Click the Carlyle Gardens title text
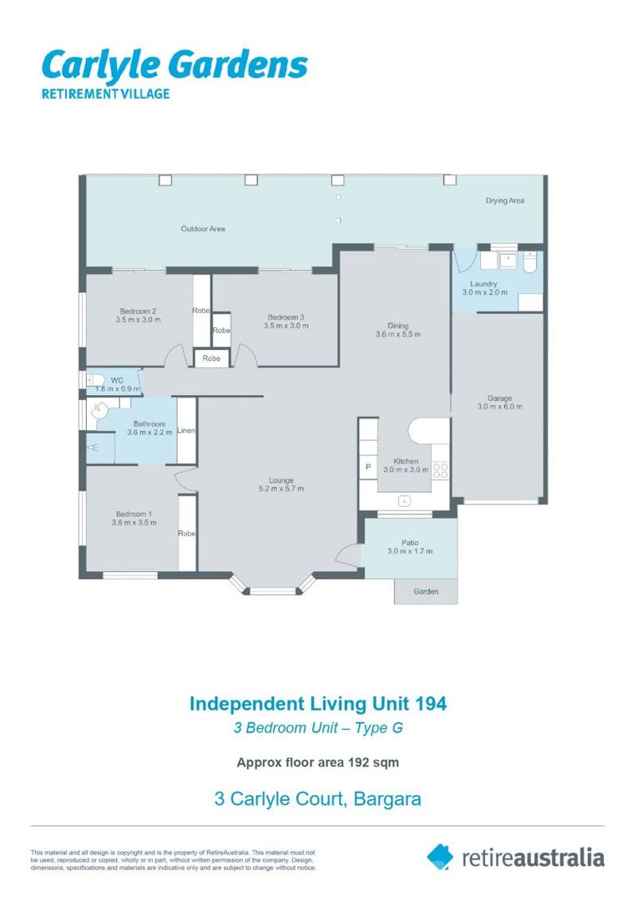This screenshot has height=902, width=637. [174, 65]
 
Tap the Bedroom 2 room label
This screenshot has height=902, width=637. [138, 311]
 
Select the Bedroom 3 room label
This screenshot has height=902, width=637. [286, 317]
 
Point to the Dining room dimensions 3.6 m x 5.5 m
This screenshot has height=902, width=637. [397, 334]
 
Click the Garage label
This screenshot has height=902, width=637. [499, 398]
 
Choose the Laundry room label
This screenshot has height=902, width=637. [484, 284]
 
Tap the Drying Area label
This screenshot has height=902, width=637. [505, 200]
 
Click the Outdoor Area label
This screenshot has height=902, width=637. [203, 228]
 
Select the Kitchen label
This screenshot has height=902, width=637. [394, 461]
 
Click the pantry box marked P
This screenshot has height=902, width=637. [367, 467]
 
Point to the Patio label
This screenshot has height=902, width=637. [409, 542]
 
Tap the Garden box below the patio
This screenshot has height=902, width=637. [426, 591]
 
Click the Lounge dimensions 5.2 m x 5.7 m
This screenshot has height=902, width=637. [281, 489]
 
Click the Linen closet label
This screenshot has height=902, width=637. [186, 431]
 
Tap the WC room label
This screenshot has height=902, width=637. [117, 380]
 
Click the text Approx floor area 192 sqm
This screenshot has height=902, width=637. [317, 762]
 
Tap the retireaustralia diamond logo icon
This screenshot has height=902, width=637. [440, 856]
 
